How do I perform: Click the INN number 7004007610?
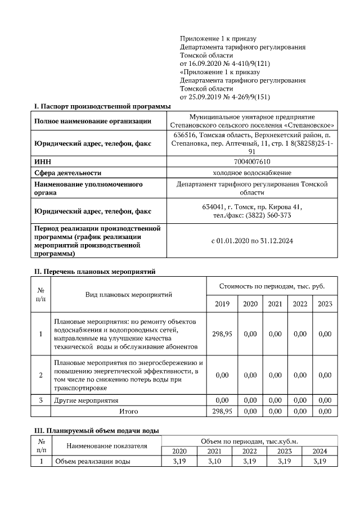pyautogui.click(x=252, y=162)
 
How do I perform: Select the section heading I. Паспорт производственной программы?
pyautogui.click(x=102, y=106)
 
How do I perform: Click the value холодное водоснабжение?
pyautogui.click(x=252, y=173)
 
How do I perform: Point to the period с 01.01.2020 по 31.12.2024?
pyautogui.click(x=252, y=241)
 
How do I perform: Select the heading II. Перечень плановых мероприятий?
pyautogui.click(x=95, y=271)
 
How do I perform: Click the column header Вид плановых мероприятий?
pyautogui.click(x=129, y=294)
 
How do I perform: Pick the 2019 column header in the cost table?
pyautogui.click(x=222, y=304)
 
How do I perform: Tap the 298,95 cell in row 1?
pyautogui.click(x=222, y=334)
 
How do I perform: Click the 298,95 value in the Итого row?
pyautogui.click(x=222, y=411)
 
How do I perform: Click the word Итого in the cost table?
pyautogui.click(x=129, y=411)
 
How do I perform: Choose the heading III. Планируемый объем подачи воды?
pyautogui.click(x=97, y=430)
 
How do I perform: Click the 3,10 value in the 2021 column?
pyautogui.click(x=214, y=462)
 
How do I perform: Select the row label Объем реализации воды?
pyautogui.click(x=92, y=462)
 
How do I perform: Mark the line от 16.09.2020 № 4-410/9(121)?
pyautogui.click(x=222, y=64)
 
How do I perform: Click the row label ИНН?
pyautogui.click(x=43, y=162)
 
